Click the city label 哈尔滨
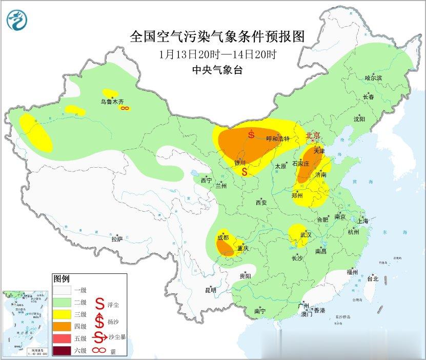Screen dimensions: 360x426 (373, 78)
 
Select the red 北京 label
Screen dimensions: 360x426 (313, 135)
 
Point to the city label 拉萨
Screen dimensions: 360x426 (117, 238)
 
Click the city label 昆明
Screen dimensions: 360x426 (211, 290)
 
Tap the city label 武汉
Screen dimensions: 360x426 (307, 234)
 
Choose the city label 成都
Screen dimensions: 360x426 (223, 237)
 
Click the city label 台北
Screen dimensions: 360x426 (372, 279)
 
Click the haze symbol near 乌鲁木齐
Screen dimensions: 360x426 (124, 108)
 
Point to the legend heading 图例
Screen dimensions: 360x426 (61, 279)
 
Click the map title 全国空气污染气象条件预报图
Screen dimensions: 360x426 (218, 36)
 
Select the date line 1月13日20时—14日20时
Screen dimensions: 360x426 (217, 54)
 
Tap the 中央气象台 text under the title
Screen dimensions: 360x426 (217, 70)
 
